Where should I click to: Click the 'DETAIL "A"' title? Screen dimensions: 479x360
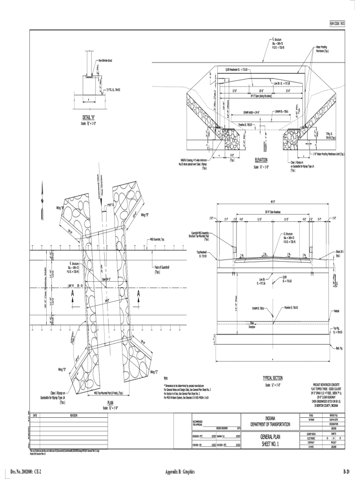click(x=89, y=117)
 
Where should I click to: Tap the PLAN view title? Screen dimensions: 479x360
click(x=110, y=402)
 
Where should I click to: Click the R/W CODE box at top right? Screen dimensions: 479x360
click(x=337, y=23)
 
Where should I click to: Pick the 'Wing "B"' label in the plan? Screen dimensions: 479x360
click(x=144, y=216)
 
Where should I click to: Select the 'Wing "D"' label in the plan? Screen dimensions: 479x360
click(x=61, y=370)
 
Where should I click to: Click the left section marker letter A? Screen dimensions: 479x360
click(x=73, y=294)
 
